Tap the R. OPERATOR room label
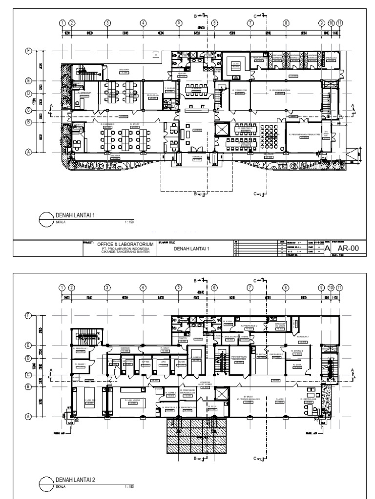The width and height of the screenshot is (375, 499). [x=240, y=91]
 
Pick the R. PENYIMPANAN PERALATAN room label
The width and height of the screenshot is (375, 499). [x=304, y=135]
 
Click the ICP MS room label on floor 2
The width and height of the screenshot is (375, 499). [x=145, y=362]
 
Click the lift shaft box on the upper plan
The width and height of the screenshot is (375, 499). [x=222, y=129]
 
